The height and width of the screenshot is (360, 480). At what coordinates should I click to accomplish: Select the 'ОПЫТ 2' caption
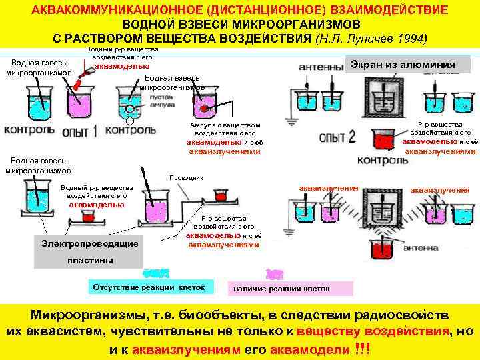pos(337,137)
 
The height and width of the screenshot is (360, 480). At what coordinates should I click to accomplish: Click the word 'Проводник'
pos(187,178)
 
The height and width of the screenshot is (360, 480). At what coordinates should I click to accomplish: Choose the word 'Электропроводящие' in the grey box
pos(89,243)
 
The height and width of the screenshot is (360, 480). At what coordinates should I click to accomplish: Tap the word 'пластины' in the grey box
pos(90,260)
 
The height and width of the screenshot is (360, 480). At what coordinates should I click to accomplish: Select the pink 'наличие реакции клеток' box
pos(289,289)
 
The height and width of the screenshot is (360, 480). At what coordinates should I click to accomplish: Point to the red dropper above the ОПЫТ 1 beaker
pos(80,81)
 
